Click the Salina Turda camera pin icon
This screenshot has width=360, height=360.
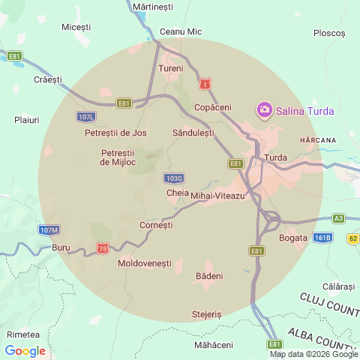click(264, 111)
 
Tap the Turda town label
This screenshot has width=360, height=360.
click(276, 158)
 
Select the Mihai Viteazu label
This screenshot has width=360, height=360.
click(218, 196)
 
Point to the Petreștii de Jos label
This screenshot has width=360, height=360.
click(115, 133)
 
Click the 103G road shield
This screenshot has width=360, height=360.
click(173, 178)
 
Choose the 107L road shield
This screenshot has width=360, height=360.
click(86, 117)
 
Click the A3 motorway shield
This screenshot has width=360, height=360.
click(338, 218)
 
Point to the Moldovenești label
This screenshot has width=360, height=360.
click(145, 264)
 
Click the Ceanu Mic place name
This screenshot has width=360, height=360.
click(181, 31)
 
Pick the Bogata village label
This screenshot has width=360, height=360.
click(293, 238)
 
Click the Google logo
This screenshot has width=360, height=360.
click(25, 351)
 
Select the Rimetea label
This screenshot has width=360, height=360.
click(22, 334)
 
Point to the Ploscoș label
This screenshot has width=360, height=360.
click(329, 33)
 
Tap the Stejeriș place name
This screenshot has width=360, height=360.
click(207, 314)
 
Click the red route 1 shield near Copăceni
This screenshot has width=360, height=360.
click(205, 85)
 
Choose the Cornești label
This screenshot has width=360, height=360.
click(157, 225)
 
